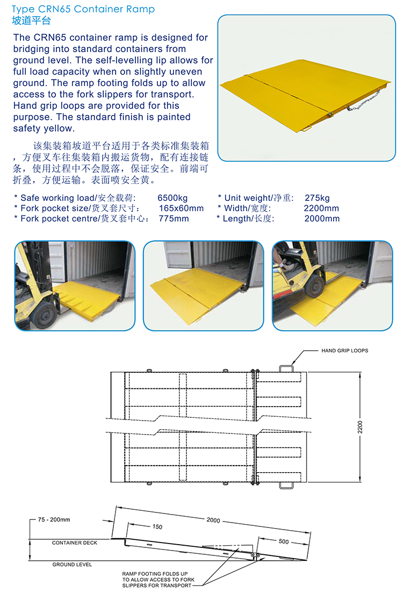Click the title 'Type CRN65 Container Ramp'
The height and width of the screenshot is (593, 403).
[83, 9]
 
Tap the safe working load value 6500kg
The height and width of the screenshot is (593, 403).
[172, 198]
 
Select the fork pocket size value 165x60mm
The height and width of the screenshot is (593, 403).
[181, 208]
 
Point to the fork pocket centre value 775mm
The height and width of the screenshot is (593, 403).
[174, 219]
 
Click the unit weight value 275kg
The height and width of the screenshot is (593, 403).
[317, 198]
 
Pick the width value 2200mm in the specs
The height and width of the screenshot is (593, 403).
[321, 208]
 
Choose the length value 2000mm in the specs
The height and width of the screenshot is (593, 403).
[322, 219]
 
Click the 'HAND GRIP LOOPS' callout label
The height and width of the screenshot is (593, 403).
[345, 351]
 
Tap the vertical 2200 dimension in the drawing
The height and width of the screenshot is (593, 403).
[360, 427]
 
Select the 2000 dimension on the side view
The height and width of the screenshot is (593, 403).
[213, 520]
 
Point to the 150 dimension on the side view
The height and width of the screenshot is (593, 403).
[157, 527]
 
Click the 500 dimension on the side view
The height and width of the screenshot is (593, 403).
[284, 541]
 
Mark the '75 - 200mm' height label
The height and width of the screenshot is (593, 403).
[54, 519]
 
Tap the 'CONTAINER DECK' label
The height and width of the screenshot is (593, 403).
[75, 543]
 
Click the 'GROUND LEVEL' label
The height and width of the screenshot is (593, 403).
[73, 565]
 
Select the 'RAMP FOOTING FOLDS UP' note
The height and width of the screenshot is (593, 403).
[155, 574]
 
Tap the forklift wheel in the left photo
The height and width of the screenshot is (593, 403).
[45, 315]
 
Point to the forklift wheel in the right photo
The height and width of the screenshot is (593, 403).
[314, 286]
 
